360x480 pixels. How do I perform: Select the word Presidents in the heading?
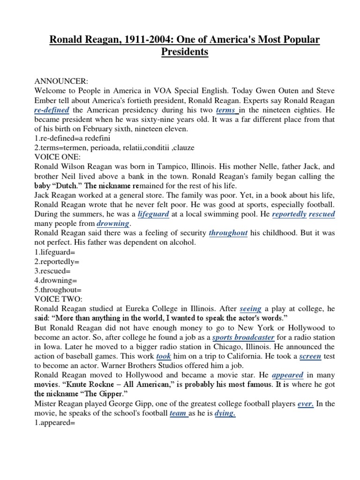click(185, 52)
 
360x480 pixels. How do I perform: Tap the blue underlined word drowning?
click(113, 224)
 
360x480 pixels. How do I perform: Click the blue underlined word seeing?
click(250, 309)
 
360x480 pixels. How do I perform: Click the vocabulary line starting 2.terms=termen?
click(108, 148)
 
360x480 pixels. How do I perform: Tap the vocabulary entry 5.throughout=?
click(58, 289)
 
